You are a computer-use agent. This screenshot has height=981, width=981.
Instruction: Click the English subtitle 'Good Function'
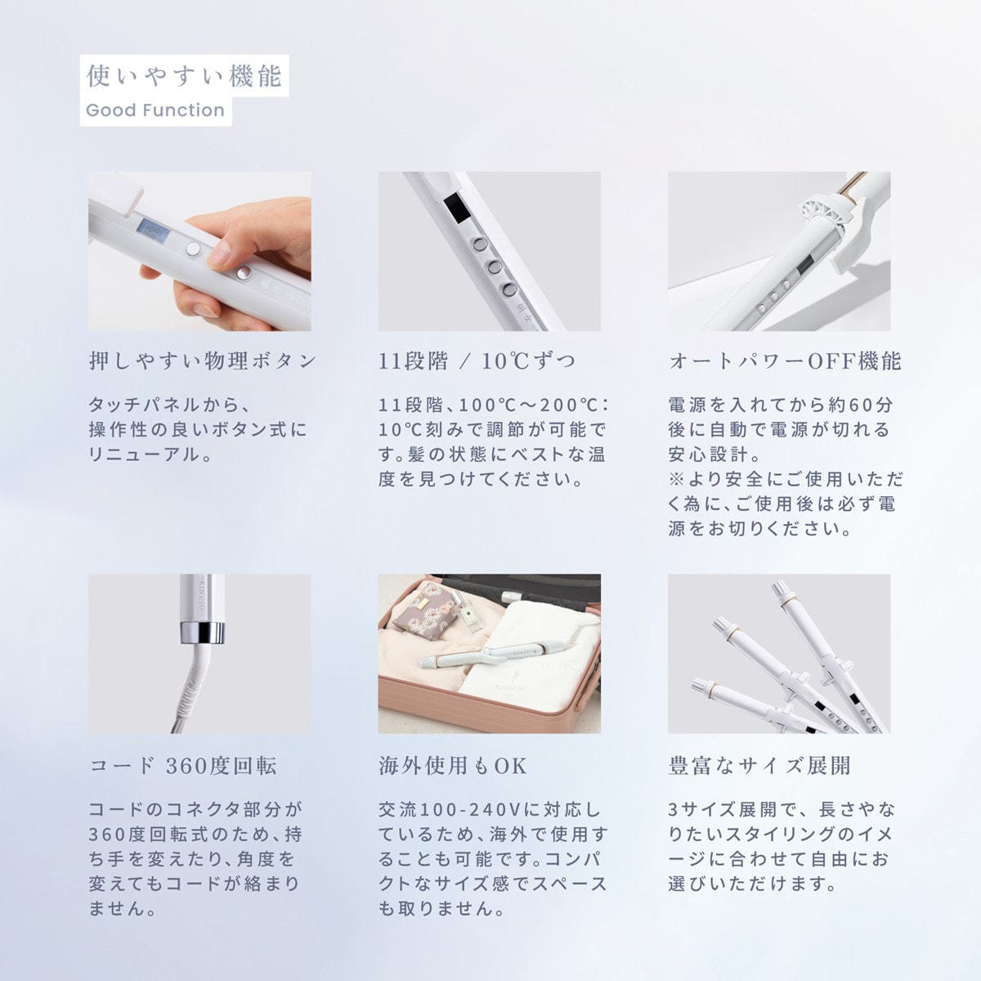point(155,110)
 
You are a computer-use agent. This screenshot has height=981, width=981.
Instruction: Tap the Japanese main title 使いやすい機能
point(184,76)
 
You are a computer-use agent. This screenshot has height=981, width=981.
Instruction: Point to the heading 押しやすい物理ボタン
point(203,361)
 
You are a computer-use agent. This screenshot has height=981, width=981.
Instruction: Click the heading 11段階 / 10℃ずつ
point(477,361)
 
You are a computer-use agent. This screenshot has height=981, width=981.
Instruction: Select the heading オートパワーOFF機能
point(785,361)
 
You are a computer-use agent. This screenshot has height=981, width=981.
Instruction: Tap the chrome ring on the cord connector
point(202,632)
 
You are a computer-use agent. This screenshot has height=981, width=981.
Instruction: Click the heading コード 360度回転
point(183,766)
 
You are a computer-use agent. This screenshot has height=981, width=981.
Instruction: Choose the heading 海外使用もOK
point(453,766)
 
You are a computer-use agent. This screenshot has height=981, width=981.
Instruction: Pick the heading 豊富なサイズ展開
point(759,766)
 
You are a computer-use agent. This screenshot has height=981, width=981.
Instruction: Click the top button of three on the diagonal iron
point(479,244)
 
